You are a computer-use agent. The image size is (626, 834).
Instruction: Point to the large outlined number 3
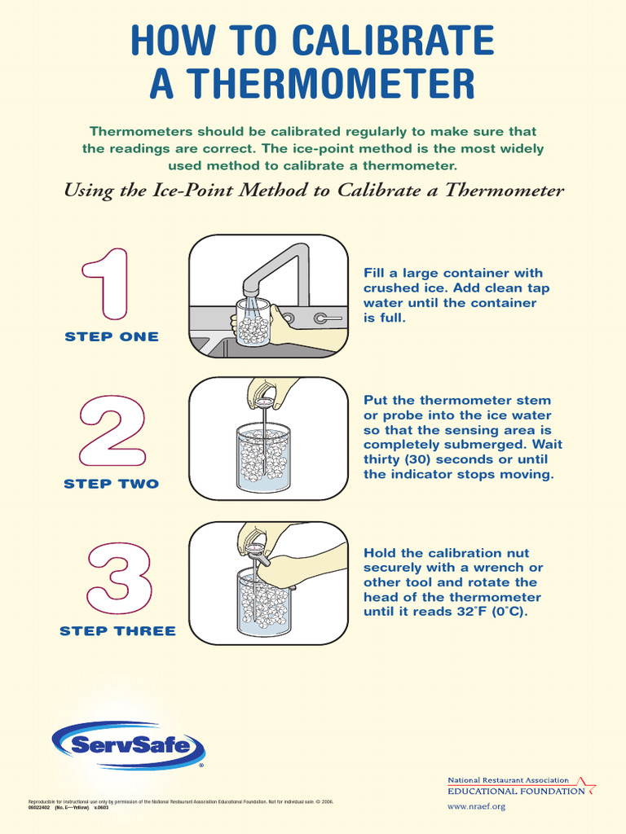point(119,579)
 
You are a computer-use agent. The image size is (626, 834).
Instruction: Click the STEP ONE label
point(112,336)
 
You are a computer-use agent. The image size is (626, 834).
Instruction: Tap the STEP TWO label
point(112,484)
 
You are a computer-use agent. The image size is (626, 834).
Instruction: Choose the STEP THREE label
point(117,630)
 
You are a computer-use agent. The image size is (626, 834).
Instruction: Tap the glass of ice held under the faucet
point(253,323)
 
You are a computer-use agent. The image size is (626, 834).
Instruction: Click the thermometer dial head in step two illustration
point(265,399)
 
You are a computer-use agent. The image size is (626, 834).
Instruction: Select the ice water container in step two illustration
point(262,458)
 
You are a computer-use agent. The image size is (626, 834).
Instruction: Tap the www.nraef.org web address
point(477,806)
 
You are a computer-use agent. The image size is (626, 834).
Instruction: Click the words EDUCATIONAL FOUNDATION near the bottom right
point(516,791)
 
